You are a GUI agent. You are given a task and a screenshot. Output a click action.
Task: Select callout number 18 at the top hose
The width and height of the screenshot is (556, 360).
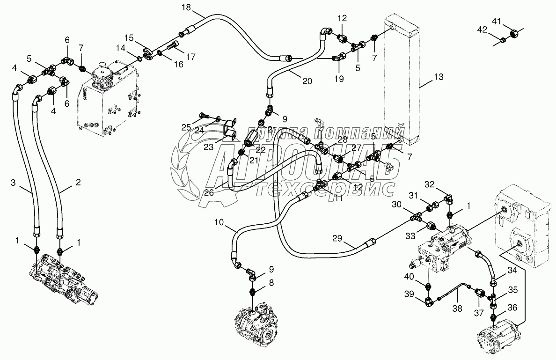(186, 7)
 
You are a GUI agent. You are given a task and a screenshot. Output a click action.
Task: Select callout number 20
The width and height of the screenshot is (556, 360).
(307, 81)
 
